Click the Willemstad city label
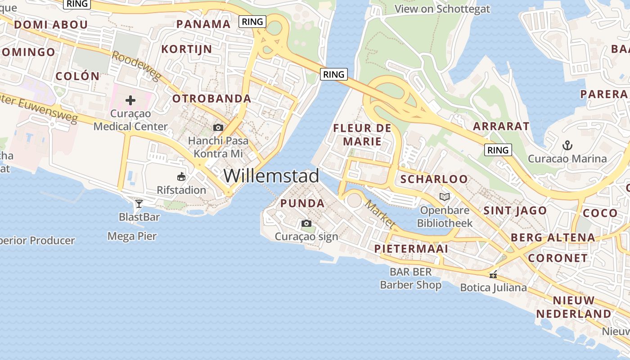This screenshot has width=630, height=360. click(271, 175)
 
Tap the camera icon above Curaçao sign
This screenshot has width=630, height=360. click(306, 223)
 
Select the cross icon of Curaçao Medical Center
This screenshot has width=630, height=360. click(130, 100)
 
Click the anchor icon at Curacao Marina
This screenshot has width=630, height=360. click(567, 145)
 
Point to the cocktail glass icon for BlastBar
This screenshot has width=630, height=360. click(139, 204)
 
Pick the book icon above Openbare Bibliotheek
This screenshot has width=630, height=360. click(444, 197)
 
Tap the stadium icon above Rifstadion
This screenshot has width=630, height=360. click(181, 176)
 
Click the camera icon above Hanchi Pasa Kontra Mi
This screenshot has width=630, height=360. click(218, 127)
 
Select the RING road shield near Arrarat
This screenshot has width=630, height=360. click(498, 150)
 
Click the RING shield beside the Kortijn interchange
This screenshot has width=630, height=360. click(253, 21)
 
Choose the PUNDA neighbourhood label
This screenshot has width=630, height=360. click(302, 203)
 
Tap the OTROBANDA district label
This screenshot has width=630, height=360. click(211, 99)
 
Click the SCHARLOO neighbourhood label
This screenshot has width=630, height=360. click(434, 179)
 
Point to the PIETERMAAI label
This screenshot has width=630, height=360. click(411, 249)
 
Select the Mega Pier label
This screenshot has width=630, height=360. click(132, 236)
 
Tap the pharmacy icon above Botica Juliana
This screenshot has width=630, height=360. click(493, 274)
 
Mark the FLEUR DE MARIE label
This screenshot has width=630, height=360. click(362, 135)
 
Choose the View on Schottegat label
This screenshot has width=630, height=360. click(442, 9)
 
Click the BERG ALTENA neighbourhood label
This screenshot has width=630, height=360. click(553, 238)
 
